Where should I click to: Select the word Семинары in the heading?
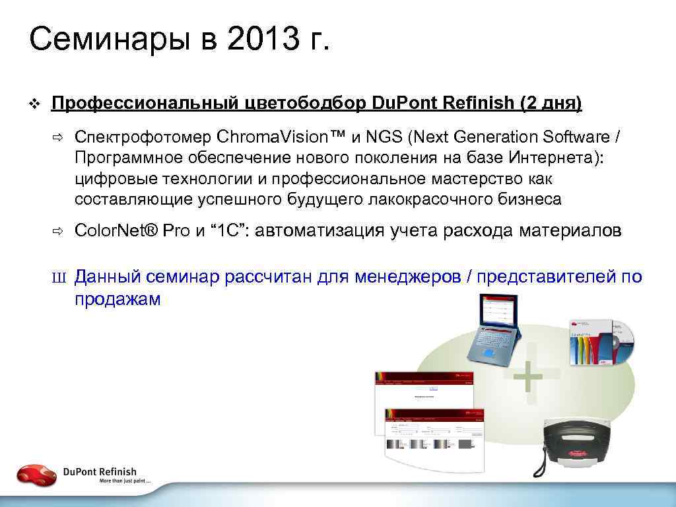click(x=106, y=40)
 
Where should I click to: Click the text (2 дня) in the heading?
click(x=551, y=103)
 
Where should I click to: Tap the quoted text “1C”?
click(x=227, y=230)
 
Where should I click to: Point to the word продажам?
click(x=118, y=298)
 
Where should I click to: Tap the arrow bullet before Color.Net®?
click(x=57, y=231)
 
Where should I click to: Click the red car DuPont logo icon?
click(x=36, y=474)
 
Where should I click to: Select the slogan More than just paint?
click(x=125, y=482)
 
